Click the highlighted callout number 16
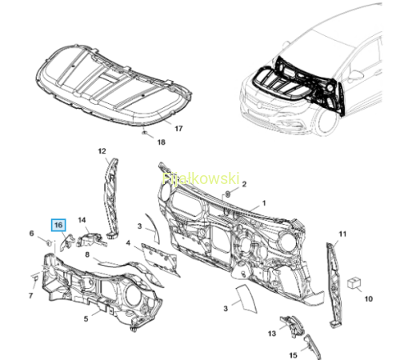58,225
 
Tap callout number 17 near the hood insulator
178,129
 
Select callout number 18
161,142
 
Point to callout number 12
102,151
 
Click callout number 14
82,220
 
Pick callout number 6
31,234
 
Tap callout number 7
30,295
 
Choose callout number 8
87,254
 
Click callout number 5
86,318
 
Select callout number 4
128,243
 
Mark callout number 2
244,184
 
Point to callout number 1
264,203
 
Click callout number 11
342,234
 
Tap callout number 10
368,298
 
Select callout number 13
272,334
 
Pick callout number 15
293,355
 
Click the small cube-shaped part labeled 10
354,282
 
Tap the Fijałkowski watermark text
201,178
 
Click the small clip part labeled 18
144,133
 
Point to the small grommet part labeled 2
228,194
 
